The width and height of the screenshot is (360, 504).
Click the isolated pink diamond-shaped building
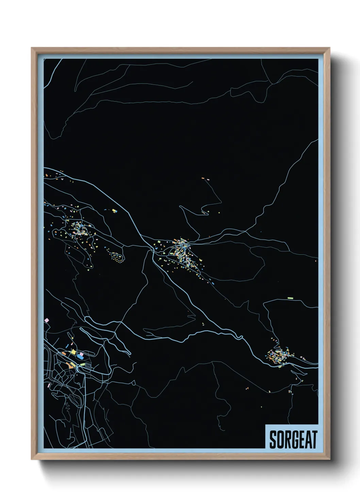tap(47, 320)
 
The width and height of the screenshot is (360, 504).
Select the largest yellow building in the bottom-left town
tap(73, 351)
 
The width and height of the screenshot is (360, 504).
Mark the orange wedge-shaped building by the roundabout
tap(71, 365)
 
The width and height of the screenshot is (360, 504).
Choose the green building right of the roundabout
tap(83, 364)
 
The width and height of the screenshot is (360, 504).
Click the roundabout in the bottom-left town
tap(78, 366)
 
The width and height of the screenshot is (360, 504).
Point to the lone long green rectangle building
tap(290, 298)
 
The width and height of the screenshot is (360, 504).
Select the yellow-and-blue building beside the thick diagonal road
tap(115, 211)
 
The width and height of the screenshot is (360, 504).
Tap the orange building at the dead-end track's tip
tap(203, 178)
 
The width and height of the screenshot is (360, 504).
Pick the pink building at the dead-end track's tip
tap(207, 179)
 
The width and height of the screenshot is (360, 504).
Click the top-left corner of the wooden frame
tap(32, 48)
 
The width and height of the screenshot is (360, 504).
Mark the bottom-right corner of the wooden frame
tap(329, 459)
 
